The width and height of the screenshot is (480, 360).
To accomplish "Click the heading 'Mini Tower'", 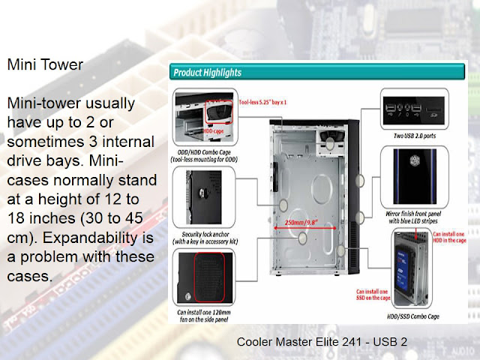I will [x=45, y=64].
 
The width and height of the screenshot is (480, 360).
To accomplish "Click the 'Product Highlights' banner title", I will [x=208, y=73].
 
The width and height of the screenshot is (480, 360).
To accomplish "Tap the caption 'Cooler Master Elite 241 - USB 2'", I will [x=322, y=342].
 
